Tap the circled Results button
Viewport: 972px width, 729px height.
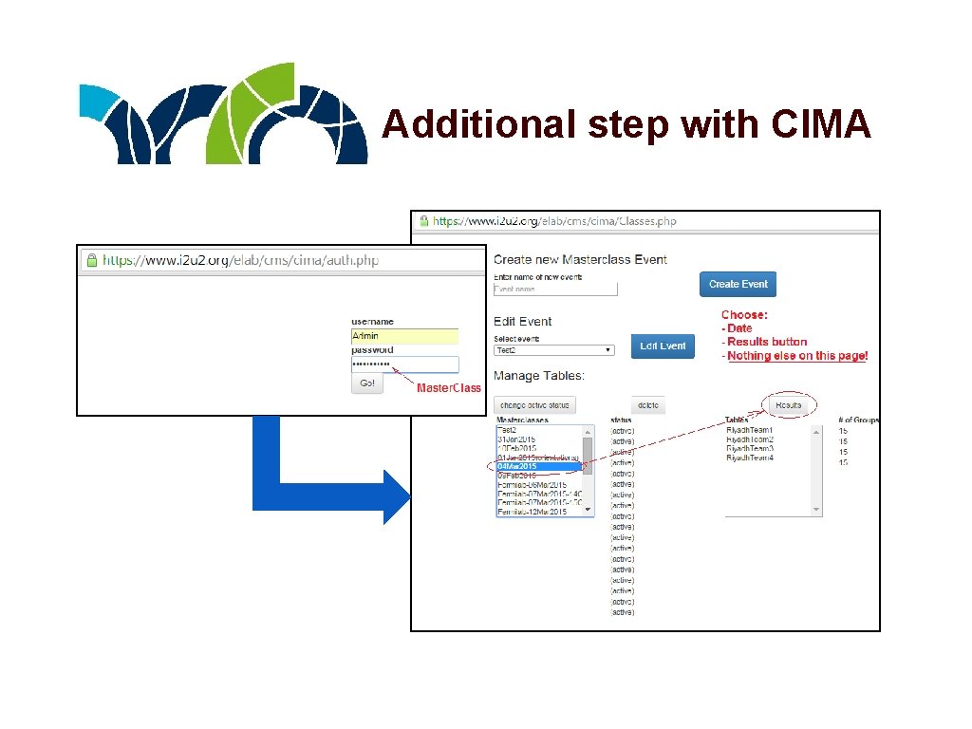pyautogui.click(x=788, y=405)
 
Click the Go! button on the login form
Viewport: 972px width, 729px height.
pyautogui.click(x=367, y=383)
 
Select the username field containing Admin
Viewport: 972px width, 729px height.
pyautogui.click(x=404, y=336)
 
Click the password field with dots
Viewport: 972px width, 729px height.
pyautogui.click(x=404, y=364)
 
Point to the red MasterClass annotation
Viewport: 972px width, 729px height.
pyautogui.click(x=449, y=387)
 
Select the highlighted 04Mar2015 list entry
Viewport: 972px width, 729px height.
pyautogui.click(x=538, y=466)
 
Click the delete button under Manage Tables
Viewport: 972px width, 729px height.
pyautogui.click(x=648, y=405)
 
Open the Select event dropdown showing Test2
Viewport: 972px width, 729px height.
pyautogui.click(x=554, y=350)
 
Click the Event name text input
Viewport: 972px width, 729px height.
pyautogui.click(x=555, y=289)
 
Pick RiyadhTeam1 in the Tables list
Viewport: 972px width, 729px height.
pyautogui.click(x=750, y=430)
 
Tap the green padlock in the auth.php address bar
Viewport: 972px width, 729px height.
pyautogui.click(x=91, y=259)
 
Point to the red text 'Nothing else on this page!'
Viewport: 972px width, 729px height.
pyautogui.click(x=797, y=356)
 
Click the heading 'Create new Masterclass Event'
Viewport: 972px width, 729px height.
pyautogui.click(x=580, y=259)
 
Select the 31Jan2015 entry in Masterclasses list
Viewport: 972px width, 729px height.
pyautogui.click(x=517, y=439)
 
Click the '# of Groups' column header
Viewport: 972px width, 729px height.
pyautogui.click(x=858, y=420)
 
